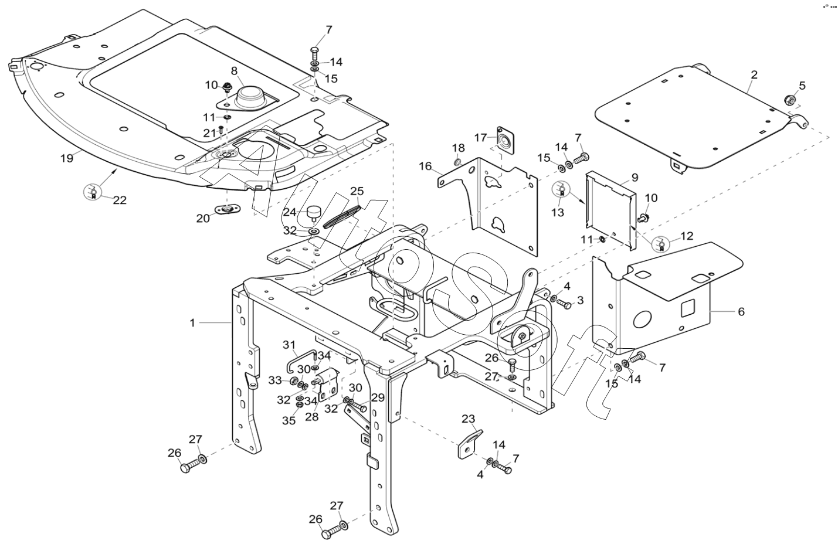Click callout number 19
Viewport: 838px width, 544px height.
point(66,157)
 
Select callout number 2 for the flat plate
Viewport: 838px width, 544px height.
point(754,74)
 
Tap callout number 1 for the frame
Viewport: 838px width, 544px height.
point(192,322)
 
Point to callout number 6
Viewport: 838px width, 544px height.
point(741,311)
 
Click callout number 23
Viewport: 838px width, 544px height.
point(468,419)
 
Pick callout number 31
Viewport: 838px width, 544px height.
point(290,344)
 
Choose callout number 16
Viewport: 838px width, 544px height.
point(425,166)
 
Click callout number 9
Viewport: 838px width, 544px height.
point(635,176)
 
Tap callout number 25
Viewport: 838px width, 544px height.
point(357,191)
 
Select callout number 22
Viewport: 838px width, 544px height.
point(120,200)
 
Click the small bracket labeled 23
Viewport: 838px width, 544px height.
point(470,444)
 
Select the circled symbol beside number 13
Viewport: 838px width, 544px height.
point(560,190)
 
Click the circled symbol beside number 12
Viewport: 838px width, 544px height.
point(660,243)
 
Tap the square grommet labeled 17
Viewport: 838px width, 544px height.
point(503,140)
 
